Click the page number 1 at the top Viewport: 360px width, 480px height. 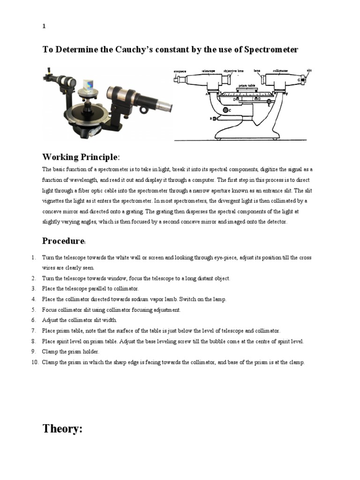(44, 27)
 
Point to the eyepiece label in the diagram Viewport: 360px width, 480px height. (180, 71)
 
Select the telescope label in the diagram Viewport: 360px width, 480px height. (208, 71)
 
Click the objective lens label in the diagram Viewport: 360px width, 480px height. (233, 71)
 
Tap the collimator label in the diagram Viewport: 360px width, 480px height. (280, 71)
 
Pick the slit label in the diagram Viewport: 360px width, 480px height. (308, 70)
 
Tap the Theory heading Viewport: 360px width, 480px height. (62, 428)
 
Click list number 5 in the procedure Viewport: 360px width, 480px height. (34, 310)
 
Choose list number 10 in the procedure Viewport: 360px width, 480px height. (35, 362)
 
